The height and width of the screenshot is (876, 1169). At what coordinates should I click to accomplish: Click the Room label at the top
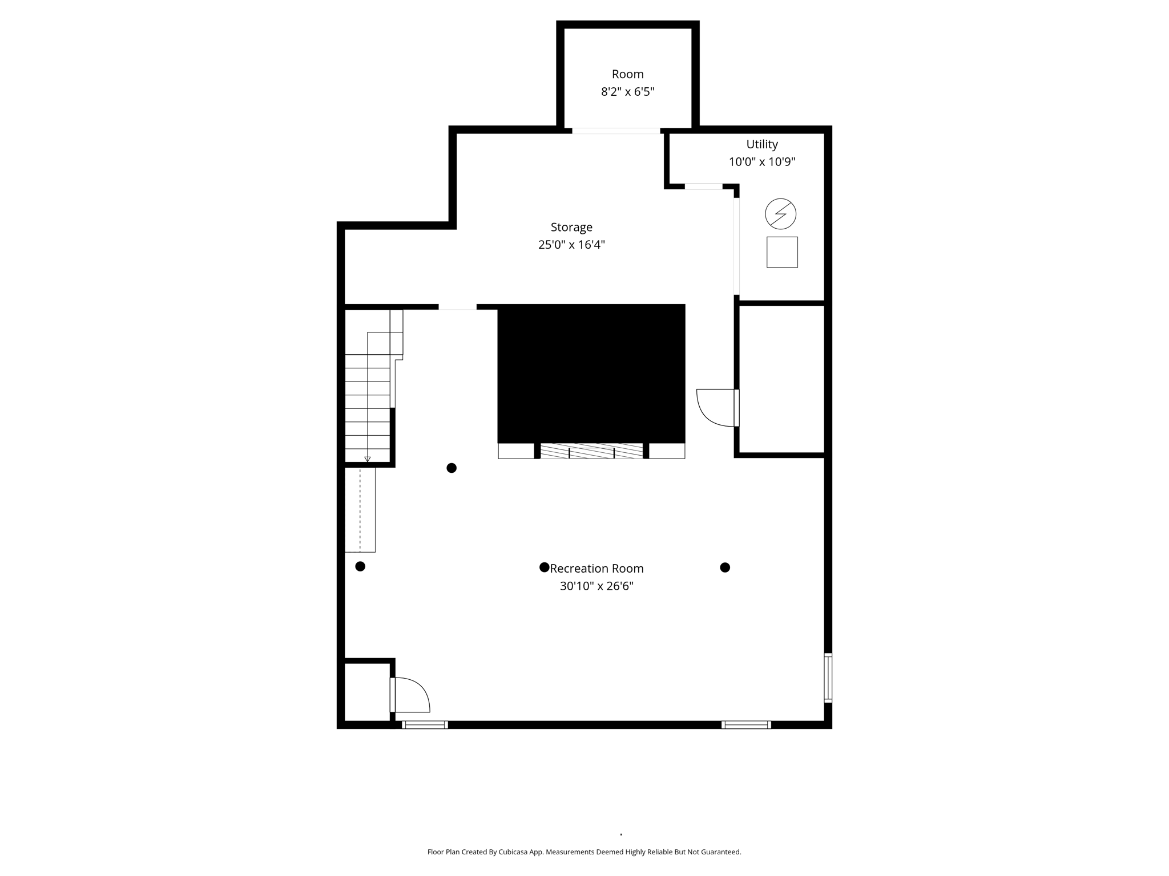tap(627, 74)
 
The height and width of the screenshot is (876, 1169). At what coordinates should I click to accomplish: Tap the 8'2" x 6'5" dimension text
tap(627, 92)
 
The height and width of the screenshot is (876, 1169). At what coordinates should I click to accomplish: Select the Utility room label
tap(761, 144)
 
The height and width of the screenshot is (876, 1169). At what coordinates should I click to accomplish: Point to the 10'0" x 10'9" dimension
tap(761, 162)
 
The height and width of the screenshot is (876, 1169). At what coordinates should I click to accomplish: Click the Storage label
tap(571, 227)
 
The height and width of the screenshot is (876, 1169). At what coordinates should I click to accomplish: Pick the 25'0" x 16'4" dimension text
tap(571, 245)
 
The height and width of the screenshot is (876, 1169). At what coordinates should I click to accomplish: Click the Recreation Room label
tap(596, 569)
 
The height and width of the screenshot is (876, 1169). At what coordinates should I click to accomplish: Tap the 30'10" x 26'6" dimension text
tap(596, 586)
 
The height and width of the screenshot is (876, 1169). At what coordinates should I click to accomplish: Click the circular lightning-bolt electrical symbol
tap(780, 214)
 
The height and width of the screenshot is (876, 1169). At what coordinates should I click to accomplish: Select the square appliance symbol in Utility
tap(781, 252)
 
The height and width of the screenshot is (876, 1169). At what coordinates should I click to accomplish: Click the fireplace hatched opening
tap(591, 451)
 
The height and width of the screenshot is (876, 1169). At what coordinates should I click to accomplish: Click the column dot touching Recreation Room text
tap(544, 567)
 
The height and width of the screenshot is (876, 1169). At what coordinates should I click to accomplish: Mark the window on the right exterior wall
tap(828, 678)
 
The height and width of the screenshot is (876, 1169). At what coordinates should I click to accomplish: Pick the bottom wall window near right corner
tap(746, 725)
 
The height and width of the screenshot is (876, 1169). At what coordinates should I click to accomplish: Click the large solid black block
tap(591, 374)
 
